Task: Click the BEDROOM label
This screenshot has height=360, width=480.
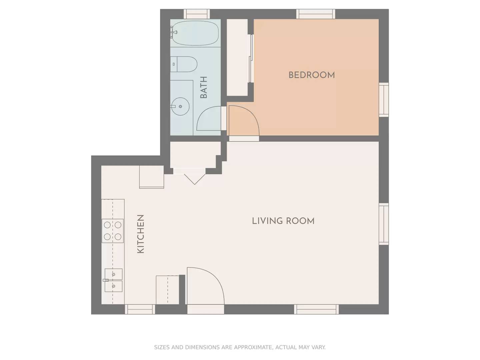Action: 311,75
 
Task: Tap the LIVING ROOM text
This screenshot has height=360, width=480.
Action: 283,221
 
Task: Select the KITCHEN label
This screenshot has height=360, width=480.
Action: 141,234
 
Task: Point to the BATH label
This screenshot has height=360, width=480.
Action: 204,87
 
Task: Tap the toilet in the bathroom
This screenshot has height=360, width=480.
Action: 184,64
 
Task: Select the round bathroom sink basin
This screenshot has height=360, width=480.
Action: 180,106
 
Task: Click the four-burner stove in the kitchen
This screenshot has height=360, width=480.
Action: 113,231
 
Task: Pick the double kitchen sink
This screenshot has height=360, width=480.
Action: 113,280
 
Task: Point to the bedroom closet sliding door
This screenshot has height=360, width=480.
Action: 251,59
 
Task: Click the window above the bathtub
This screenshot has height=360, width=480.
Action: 197,14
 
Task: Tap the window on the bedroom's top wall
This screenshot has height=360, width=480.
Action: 316,14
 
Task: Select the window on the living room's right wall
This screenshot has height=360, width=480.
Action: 384,224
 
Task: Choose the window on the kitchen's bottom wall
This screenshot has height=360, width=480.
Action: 140,309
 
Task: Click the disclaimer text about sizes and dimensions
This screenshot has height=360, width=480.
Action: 240,347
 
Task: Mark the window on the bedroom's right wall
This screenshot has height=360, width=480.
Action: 384,100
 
